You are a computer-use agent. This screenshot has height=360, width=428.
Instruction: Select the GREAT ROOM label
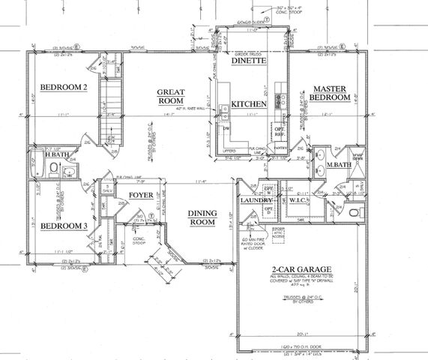coord(171,97)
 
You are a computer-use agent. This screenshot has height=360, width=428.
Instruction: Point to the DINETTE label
coord(250,64)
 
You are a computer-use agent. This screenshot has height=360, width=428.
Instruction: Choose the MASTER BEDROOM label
coord(331,93)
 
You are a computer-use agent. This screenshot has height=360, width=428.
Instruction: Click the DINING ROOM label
coord(202,217)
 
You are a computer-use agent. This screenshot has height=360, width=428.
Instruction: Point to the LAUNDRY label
coord(256,201)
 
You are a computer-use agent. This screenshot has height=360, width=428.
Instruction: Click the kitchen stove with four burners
coord(280,99)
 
